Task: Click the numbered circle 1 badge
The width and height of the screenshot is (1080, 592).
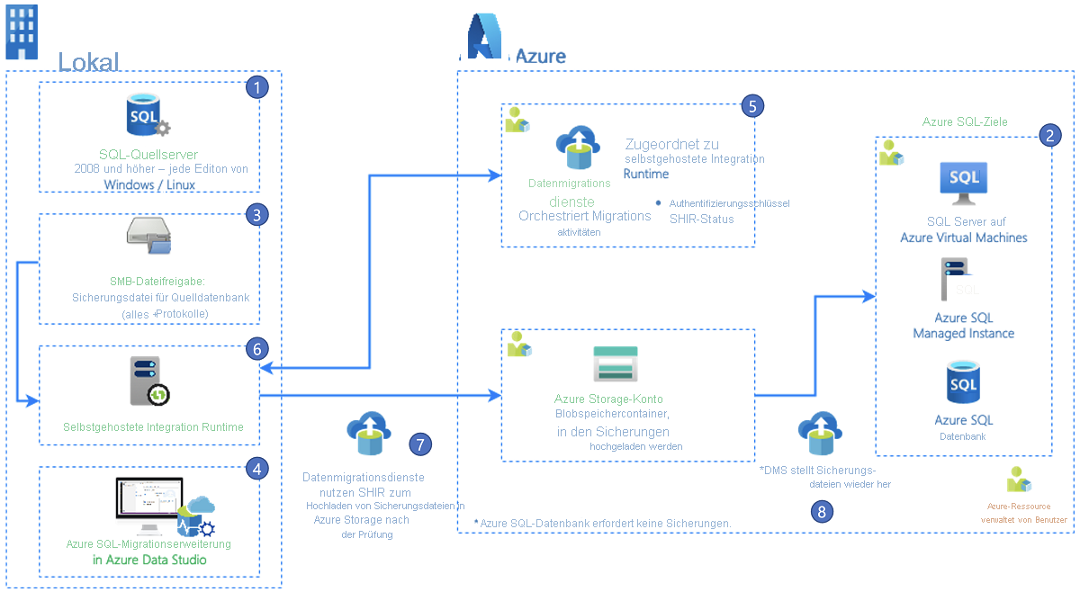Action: pyautogui.click(x=258, y=87)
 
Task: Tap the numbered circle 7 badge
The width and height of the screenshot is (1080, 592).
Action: pyautogui.click(x=420, y=444)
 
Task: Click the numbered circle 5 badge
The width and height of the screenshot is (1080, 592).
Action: pyautogui.click(x=753, y=105)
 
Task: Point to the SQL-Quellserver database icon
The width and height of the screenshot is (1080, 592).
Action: pyautogui.click(x=147, y=118)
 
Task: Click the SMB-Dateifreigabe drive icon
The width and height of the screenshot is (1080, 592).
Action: pyautogui.click(x=148, y=236)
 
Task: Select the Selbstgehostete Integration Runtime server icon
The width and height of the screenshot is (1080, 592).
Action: pyautogui.click(x=148, y=380)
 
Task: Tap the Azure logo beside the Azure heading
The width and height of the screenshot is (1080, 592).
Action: pyautogui.click(x=484, y=38)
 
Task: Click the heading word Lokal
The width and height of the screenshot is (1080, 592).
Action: pyautogui.click(x=88, y=62)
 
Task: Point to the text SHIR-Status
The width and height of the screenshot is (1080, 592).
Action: pyautogui.click(x=701, y=219)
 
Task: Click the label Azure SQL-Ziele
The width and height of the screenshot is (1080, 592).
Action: pyautogui.click(x=965, y=121)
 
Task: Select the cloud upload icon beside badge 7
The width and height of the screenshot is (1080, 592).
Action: pyautogui.click(x=368, y=434)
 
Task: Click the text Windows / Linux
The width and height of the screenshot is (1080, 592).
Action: pyautogui.click(x=149, y=184)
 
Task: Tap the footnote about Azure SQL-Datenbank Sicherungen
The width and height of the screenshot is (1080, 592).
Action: pyautogui.click(x=602, y=523)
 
